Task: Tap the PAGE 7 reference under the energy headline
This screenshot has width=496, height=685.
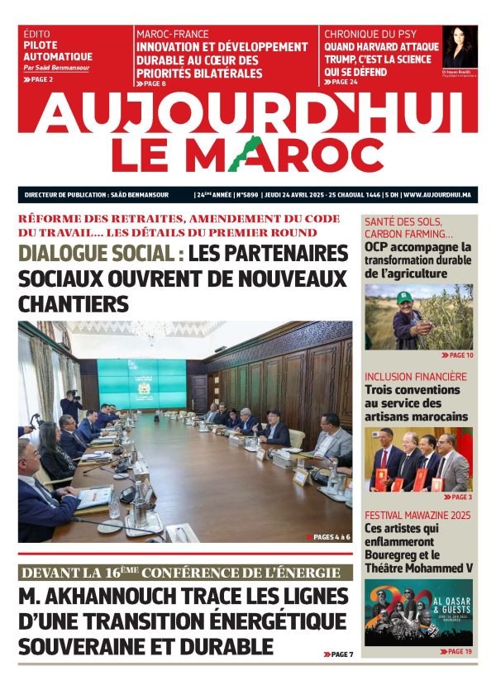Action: [x=338, y=654]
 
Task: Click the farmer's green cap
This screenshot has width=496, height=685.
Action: [x=405, y=296]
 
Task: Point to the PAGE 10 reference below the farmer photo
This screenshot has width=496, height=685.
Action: [x=458, y=355]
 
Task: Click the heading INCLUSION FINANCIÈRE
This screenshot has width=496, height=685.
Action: [x=415, y=376]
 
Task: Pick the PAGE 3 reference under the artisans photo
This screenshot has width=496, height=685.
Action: [x=460, y=497]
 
